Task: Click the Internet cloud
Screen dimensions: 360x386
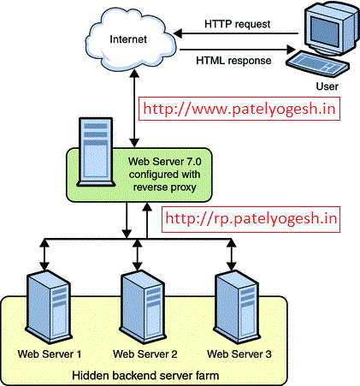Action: tap(130, 40)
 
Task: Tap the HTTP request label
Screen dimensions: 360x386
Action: tap(237, 24)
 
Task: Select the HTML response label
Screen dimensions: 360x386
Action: tap(233, 61)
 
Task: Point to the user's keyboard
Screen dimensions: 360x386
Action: tap(317, 64)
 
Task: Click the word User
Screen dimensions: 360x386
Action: tap(327, 86)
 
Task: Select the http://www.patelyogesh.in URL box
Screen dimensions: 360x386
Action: tap(239, 109)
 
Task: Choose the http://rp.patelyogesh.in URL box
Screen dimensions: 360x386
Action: tap(251, 219)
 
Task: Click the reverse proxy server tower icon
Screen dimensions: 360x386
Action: tap(96, 151)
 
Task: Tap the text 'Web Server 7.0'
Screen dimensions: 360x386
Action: tap(165, 162)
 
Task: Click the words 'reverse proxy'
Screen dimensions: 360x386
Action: tap(165, 187)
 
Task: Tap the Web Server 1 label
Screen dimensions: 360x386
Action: tap(50, 354)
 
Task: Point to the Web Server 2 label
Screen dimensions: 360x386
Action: tap(145, 354)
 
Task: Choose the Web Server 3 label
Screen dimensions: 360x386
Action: tap(239, 354)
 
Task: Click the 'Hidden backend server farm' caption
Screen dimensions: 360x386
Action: tap(145, 376)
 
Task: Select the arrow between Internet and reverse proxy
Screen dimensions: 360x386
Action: tap(134, 109)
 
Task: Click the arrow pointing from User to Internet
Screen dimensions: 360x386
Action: tap(236, 33)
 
